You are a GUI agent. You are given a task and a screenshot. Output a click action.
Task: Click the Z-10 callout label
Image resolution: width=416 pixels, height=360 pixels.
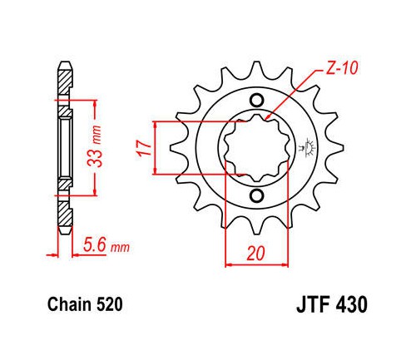[342, 68]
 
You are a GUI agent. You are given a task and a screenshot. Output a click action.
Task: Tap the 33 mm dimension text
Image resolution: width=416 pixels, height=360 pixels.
[94, 146]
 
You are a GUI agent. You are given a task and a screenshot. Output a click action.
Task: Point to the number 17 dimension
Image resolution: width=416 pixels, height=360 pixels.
[144, 148]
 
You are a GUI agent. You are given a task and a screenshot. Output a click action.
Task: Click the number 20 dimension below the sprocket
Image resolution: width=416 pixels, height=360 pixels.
[255, 254]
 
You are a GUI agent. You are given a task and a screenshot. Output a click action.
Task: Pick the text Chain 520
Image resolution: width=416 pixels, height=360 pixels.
[85, 304]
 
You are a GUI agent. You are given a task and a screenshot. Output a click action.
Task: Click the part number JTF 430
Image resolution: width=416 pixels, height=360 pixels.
[332, 304]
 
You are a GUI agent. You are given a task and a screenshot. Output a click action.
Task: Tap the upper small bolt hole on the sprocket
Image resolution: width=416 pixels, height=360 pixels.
[256, 100]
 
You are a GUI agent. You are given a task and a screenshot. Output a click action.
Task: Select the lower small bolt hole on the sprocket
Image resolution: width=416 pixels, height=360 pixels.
[256, 196]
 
